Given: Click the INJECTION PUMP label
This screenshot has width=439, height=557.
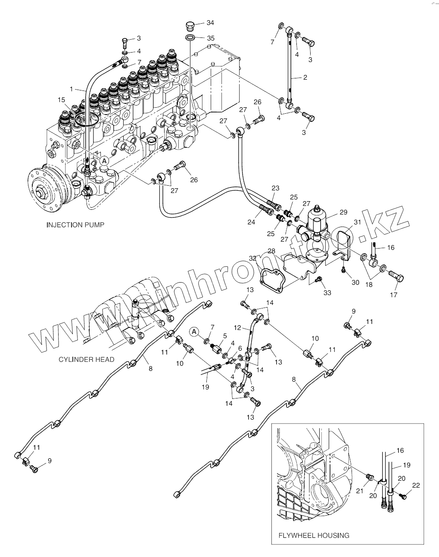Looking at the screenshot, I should pyautogui.click(x=75, y=225).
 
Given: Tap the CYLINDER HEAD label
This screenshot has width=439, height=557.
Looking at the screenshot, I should pyautogui.click(x=87, y=359).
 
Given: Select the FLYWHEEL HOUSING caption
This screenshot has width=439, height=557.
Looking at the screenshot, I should pyautogui.click(x=313, y=535).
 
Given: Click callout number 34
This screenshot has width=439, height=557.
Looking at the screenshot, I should pyautogui.click(x=210, y=22).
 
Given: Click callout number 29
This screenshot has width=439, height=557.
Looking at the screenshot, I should pyautogui.click(x=343, y=212).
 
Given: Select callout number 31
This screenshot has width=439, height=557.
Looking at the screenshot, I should pyautogui.click(x=357, y=222).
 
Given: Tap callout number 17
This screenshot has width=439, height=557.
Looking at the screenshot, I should pyautogui.click(x=393, y=295).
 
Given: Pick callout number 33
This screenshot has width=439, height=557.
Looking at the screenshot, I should pyautogui.click(x=327, y=293).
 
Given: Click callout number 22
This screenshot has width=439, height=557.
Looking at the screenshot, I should pyautogui.click(x=416, y=485).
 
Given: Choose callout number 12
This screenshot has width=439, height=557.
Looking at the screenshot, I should pyautogui.click(x=237, y=328).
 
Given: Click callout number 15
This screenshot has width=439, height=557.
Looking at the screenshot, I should pyautogui.click(x=62, y=100).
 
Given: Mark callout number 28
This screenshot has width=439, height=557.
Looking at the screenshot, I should pyautogui.click(x=271, y=251).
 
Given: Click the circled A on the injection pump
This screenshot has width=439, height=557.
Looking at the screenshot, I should pyautogui.click(x=104, y=160).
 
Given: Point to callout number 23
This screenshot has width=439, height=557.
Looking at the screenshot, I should pyautogui.click(x=275, y=188).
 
